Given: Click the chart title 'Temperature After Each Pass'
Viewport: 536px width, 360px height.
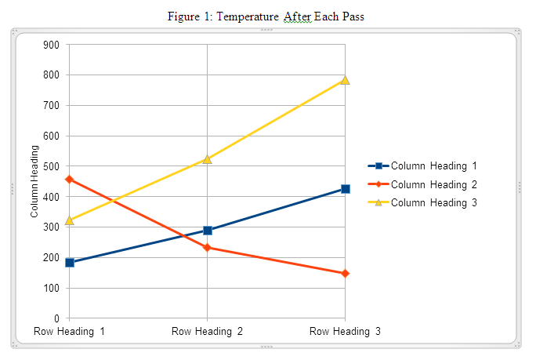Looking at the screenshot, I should pyautogui.click(x=266, y=16).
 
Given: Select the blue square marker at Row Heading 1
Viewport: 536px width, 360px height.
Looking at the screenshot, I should pyautogui.click(x=70, y=263).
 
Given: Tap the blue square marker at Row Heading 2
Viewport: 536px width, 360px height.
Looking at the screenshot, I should pyautogui.click(x=208, y=231).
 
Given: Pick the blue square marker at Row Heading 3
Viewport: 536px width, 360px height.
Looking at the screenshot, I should pyautogui.click(x=345, y=189).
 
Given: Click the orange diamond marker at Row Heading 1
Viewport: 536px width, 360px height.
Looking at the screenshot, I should pyautogui.click(x=70, y=180).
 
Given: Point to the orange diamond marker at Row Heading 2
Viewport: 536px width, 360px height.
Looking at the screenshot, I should pyautogui.click(x=208, y=247).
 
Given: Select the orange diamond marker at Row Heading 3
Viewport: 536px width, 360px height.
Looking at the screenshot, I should pyautogui.click(x=345, y=274).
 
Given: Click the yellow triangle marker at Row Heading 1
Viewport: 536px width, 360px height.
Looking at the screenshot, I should pyautogui.click(x=70, y=220).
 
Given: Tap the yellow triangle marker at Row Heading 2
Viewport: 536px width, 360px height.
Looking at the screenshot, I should pyautogui.click(x=208, y=159).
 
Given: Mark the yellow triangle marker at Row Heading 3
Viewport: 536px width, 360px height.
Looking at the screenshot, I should pyautogui.click(x=345, y=80).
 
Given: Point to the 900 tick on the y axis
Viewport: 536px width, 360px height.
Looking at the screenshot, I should pyautogui.click(x=52, y=45).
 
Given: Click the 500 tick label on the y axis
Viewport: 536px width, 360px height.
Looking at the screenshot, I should pyautogui.click(x=52, y=166).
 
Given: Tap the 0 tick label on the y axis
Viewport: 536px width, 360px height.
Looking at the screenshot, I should pyautogui.click(x=57, y=318).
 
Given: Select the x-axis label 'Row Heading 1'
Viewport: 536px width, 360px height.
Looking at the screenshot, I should pyautogui.click(x=70, y=332).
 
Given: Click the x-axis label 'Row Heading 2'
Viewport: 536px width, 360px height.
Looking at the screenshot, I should pyautogui.click(x=208, y=332).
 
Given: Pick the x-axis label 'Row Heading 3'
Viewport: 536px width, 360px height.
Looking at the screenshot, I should pyautogui.click(x=345, y=332).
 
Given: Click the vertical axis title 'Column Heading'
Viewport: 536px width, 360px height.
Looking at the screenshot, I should pyautogui.click(x=34, y=182).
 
